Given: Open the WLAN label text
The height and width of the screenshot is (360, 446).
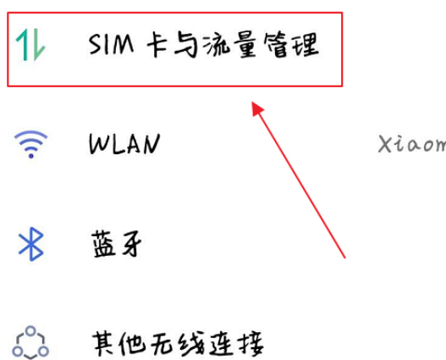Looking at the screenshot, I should (x=124, y=145).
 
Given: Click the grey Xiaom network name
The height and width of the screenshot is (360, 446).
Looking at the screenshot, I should (x=411, y=144).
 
